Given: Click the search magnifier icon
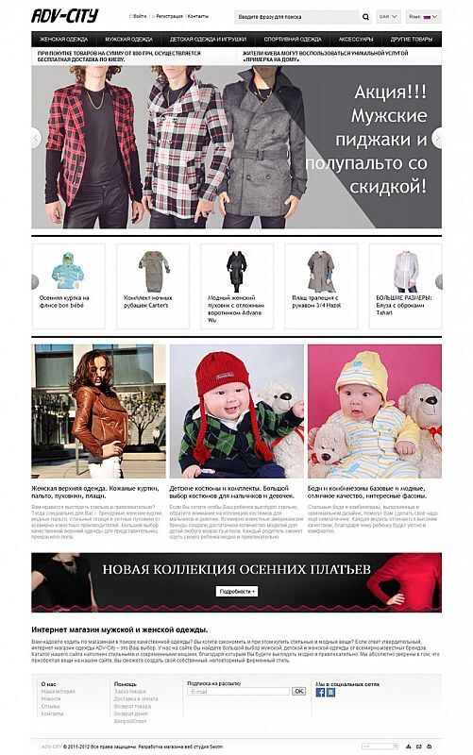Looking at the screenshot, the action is tap(365, 17).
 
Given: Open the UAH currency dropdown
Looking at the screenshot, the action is tap(388, 17).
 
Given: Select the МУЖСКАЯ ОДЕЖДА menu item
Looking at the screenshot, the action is tap(128, 40).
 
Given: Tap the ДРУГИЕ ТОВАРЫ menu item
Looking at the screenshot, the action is tap(411, 40).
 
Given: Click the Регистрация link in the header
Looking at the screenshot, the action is tap(169, 17).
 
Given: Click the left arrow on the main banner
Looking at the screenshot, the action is tap(37, 139).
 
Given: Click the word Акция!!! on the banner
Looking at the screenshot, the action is tap(391, 93).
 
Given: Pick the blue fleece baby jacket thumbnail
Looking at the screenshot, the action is tap(67, 272).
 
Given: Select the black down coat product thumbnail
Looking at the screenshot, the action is tap(236, 272).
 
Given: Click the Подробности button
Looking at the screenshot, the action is tap(236, 591).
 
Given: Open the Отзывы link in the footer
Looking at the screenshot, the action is tap(51, 706).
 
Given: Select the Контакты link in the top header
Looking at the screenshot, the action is tap(198, 17).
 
